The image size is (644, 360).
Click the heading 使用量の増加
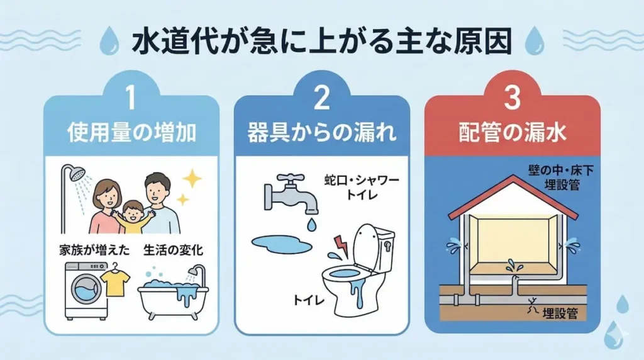131,133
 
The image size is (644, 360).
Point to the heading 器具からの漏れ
321,133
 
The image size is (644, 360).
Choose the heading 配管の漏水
512,133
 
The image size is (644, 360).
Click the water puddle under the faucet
281,245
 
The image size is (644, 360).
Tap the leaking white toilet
360,271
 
